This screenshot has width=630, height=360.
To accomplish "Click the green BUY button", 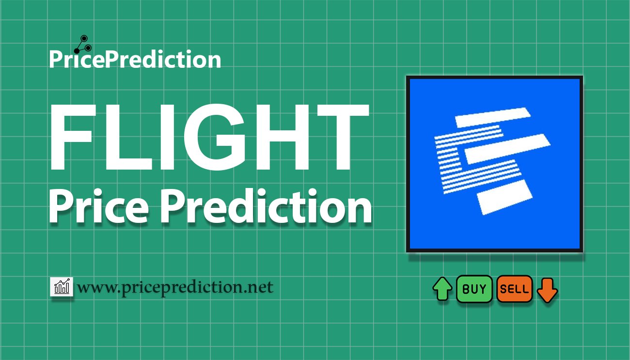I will [x=474, y=289].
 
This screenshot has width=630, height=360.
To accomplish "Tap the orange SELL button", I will [x=514, y=289].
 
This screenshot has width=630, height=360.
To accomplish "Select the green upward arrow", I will [x=442, y=289].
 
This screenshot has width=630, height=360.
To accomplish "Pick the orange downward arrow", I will [x=548, y=290].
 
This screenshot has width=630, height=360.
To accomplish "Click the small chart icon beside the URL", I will [x=62, y=287].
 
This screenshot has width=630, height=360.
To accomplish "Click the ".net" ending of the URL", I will [x=259, y=288].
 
